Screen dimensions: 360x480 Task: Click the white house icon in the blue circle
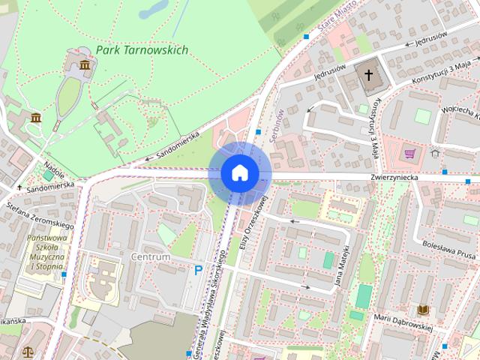tap(239, 172)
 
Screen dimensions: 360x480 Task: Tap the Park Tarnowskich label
tap(142, 50)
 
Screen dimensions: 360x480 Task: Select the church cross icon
tap(367, 74)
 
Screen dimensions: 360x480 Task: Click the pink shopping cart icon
tap(409, 154)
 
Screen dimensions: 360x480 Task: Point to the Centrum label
tap(150, 256)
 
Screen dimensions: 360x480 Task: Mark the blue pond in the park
tap(154, 9)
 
